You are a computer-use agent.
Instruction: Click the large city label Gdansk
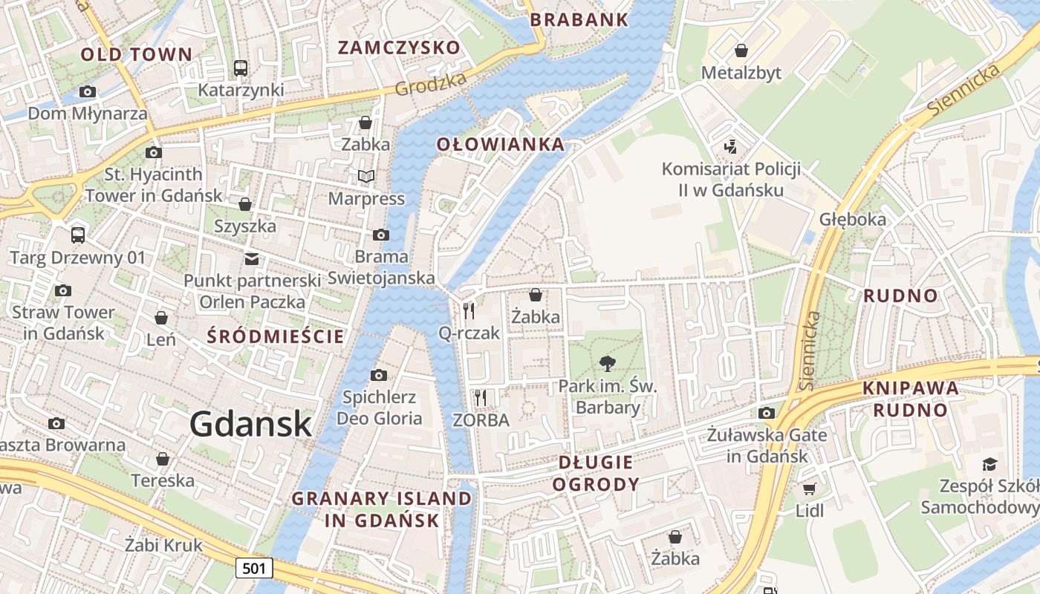pos(250,424)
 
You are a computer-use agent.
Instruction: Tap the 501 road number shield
pos(254,569)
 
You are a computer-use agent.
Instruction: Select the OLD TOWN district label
pos(136,54)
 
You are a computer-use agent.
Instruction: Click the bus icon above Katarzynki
pos(241,68)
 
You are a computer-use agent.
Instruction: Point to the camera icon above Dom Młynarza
pos(88,92)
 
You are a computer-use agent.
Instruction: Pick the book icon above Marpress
pos(366,176)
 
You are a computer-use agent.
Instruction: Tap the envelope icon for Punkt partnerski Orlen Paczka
pos(252,259)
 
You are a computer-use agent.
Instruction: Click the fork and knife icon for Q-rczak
pos(469,310)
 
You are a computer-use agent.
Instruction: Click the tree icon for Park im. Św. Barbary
pos(607,364)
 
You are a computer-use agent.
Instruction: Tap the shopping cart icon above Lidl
pos(809,489)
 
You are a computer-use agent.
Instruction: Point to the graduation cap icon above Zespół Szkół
pos(989,465)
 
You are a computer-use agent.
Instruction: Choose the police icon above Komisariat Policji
pos(731,147)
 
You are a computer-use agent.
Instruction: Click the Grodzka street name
pos(431,84)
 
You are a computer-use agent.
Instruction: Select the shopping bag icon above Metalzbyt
pos(741,50)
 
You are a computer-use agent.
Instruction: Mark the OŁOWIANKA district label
pos(500,144)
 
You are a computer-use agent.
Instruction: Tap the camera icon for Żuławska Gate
pos(767,413)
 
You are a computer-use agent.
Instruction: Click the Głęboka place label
pos(853,219)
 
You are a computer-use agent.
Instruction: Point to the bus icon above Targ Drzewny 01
pos(78,235)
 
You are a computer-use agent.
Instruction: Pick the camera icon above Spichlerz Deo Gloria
pos(379,375)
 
